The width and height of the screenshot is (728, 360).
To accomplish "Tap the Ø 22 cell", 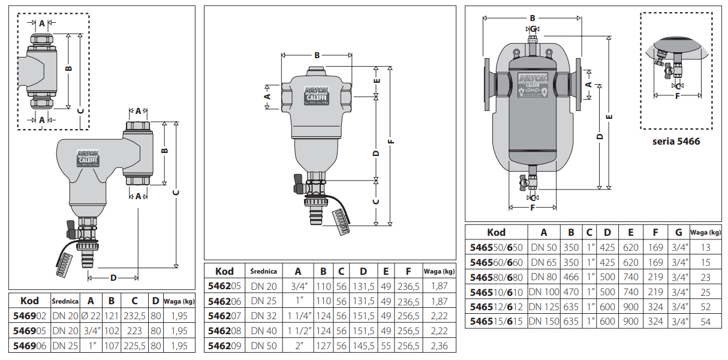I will pos(91,316).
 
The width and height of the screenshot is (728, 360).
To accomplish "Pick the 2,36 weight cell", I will pos(439,346).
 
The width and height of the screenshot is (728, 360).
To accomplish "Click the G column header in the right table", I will pos(678,232).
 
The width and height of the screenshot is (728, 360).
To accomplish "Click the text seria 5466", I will pos(676,142).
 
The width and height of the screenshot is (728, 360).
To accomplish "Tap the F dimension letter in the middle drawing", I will pos(392,142).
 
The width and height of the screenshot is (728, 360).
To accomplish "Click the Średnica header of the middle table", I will pos(263,271).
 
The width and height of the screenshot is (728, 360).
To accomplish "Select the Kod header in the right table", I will pos(496,232).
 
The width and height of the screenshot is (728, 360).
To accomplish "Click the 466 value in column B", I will pos(571,277).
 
